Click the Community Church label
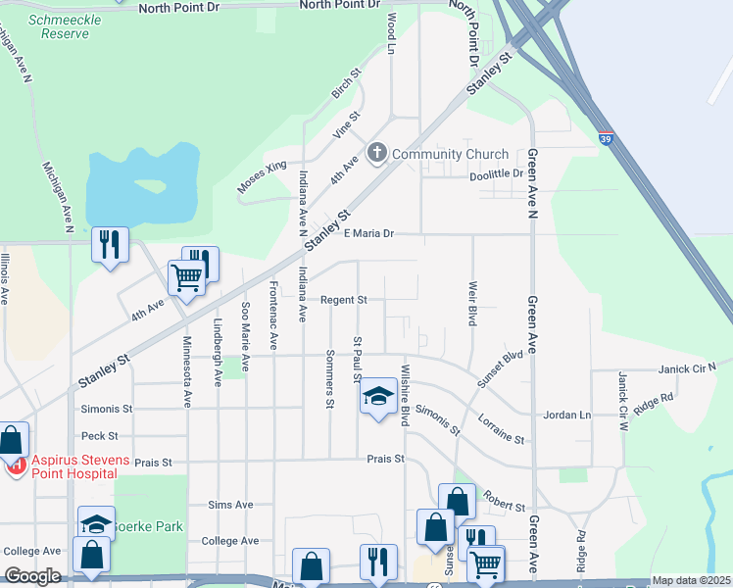click(450, 154)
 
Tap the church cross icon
click(377, 154)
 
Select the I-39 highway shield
click(607, 138)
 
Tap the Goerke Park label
click(147, 526)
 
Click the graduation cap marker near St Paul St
click(377, 397)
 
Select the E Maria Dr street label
click(369, 233)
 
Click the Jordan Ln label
click(570, 415)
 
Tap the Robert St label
click(504, 504)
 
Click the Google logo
click(33, 576)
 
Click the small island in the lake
click(150, 185)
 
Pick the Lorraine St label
click(501, 427)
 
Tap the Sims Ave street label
click(230, 505)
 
